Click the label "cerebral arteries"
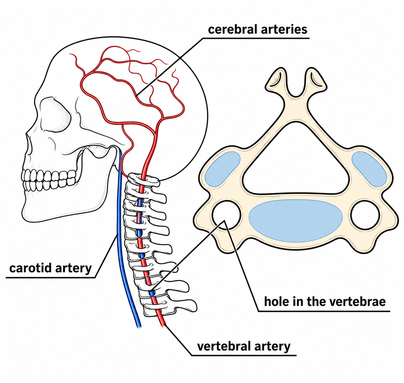tap(257, 29)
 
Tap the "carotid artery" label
tap(51, 268)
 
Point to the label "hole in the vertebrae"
tap(325, 302)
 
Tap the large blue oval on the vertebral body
tap(295, 221)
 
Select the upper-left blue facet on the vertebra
tap(222, 169)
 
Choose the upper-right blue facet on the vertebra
tap(369, 169)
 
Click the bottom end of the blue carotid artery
tap(139, 327)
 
